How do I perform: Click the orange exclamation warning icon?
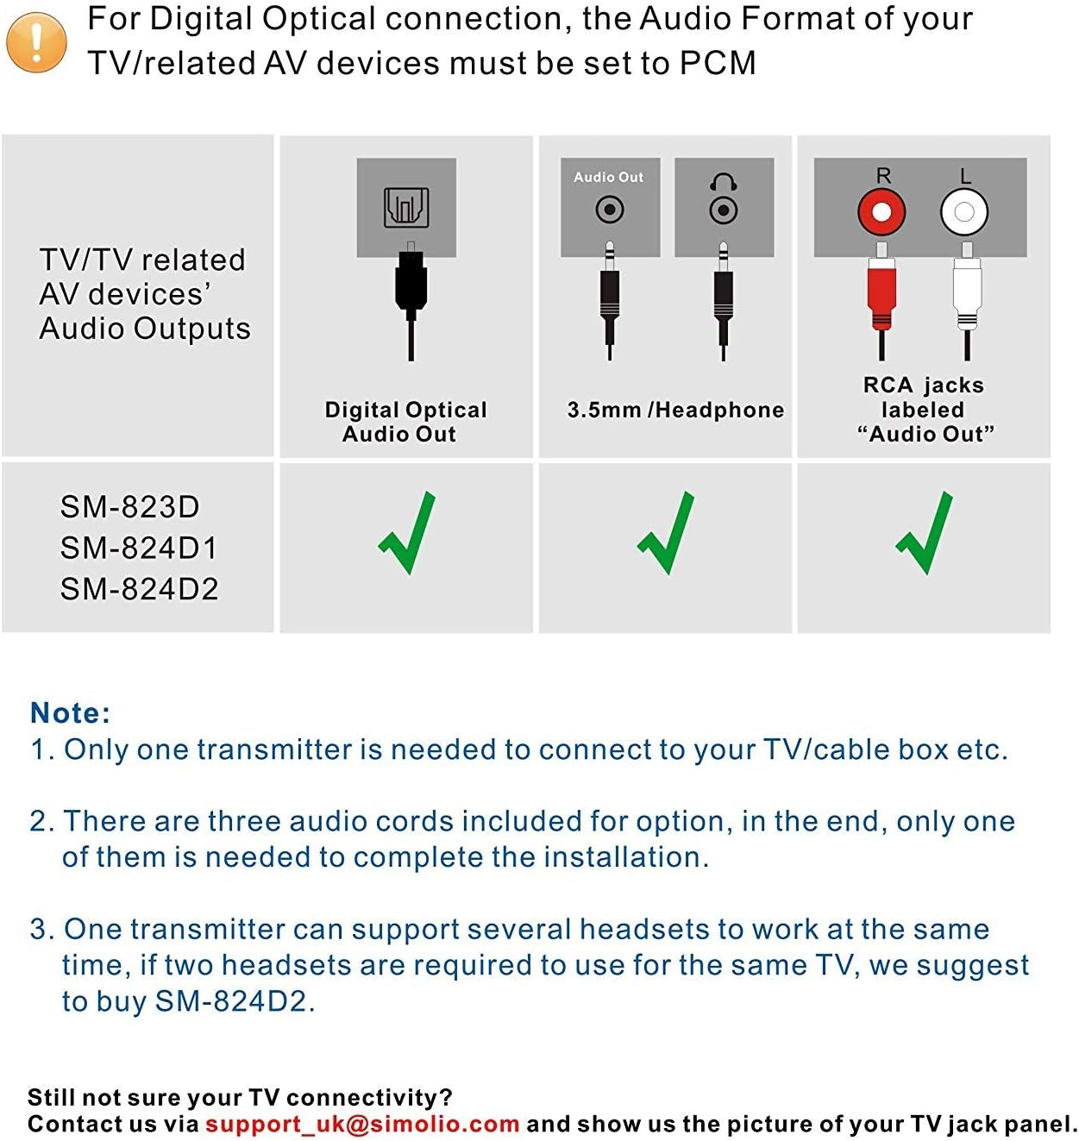[x=36, y=42]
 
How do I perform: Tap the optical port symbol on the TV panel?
[x=406, y=207]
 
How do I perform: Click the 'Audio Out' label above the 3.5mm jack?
[x=608, y=177]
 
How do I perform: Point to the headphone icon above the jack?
[x=723, y=182]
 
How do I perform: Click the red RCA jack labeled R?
[x=881, y=212]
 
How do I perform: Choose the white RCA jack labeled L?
[x=964, y=212]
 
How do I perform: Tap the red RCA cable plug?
[x=881, y=293]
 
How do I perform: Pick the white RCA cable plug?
[x=966, y=293]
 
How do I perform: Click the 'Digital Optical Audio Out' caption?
[x=405, y=422]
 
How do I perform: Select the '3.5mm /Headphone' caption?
[x=675, y=411]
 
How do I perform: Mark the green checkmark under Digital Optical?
[x=408, y=535]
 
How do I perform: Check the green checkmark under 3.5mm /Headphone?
[x=667, y=535]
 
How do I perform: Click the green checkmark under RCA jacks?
[x=925, y=535]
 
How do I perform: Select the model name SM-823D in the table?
[x=129, y=507]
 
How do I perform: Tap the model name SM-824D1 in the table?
[x=139, y=549]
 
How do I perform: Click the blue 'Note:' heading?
[x=70, y=713]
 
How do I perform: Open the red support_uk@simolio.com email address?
[x=362, y=1124]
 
